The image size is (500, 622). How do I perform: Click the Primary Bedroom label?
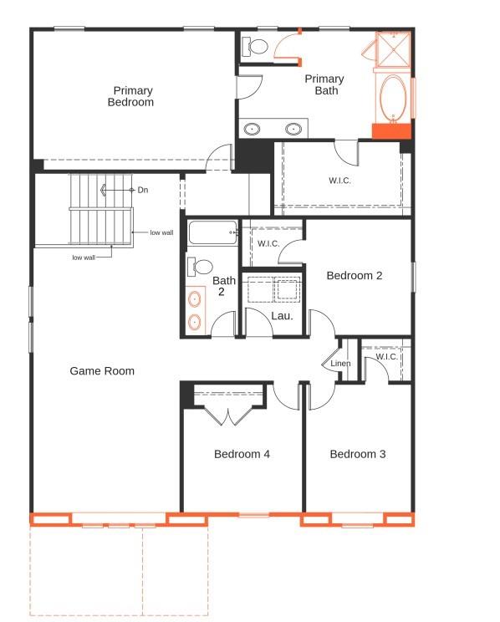pyautogui.click(x=130, y=96)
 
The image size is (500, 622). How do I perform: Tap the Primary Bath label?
pyautogui.click(x=324, y=84)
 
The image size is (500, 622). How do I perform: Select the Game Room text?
pyautogui.click(x=102, y=371)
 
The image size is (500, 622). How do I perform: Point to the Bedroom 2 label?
pyautogui.click(x=355, y=275)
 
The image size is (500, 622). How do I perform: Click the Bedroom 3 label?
pyautogui.click(x=358, y=454)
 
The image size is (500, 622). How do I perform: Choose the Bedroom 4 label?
pyautogui.click(x=242, y=454)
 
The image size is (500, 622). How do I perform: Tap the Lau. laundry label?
pyautogui.click(x=282, y=316)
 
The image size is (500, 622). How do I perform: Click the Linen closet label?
pyautogui.click(x=340, y=363)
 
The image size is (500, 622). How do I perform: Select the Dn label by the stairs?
pyautogui.click(x=143, y=190)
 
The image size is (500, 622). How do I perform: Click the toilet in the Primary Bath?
pyautogui.click(x=255, y=47)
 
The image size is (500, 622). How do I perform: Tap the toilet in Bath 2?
pyautogui.click(x=200, y=267)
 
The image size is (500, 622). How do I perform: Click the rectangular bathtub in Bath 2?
pyautogui.click(x=213, y=232)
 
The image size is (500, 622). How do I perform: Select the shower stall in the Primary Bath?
pyautogui.click(x=392, y=49)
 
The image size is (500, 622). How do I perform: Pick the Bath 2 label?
pyautogui.click(x=223, y=286)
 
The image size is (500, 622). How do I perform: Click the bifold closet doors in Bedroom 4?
pyautogui.click(x=228, y=415)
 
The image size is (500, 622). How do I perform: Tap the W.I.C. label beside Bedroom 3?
pyautogui.click(x=386, y=356)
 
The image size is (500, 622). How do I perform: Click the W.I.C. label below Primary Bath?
pyautogui.click(x=339, y=181)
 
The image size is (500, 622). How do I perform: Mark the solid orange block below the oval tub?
pyautogui.click(x=391, y=131)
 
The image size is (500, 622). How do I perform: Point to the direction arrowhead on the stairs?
pyautogui.click(x=103, y=191)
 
